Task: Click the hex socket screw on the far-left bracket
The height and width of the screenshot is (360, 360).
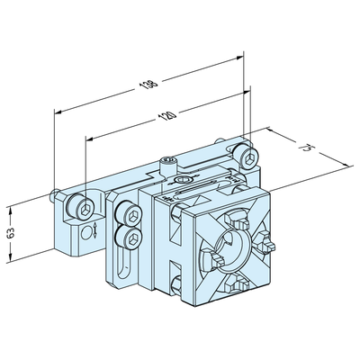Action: click(83, 210)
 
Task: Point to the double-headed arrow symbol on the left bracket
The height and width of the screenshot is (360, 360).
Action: click(87, 232)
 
